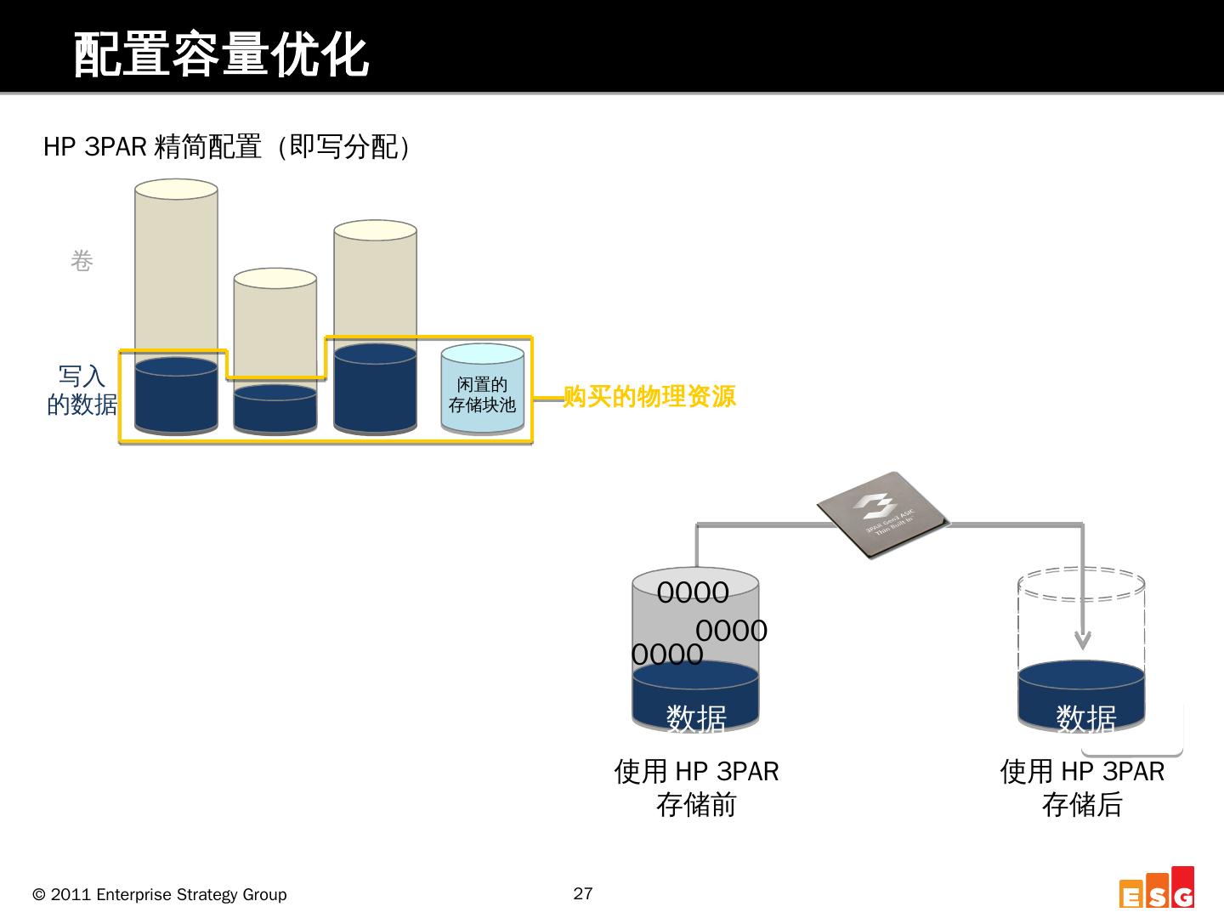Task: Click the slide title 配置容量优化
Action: point(221,55)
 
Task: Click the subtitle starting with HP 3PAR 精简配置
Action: point(228,147)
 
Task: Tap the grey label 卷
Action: point(82,261)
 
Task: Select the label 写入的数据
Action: point(82,390)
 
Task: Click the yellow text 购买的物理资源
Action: point(649,396)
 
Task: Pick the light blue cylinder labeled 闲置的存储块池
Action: point(482,392)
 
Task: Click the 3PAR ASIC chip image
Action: point(881,515)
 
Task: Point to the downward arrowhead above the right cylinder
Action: point(1082,639)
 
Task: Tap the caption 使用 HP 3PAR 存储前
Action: point(696,787)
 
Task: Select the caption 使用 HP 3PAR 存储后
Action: point(1082,787)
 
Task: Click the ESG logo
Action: point(1157,889)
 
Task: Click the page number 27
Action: point(583,893)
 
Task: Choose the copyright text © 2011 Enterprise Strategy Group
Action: point(160,894)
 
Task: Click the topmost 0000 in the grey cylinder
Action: point(693,592)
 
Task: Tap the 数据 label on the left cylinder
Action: point(696,718)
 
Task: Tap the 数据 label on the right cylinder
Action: point(1086,718)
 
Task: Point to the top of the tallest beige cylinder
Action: point(176,189)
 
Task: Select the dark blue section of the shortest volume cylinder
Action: point(275,410)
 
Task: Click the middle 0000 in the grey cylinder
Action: point(732,631)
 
